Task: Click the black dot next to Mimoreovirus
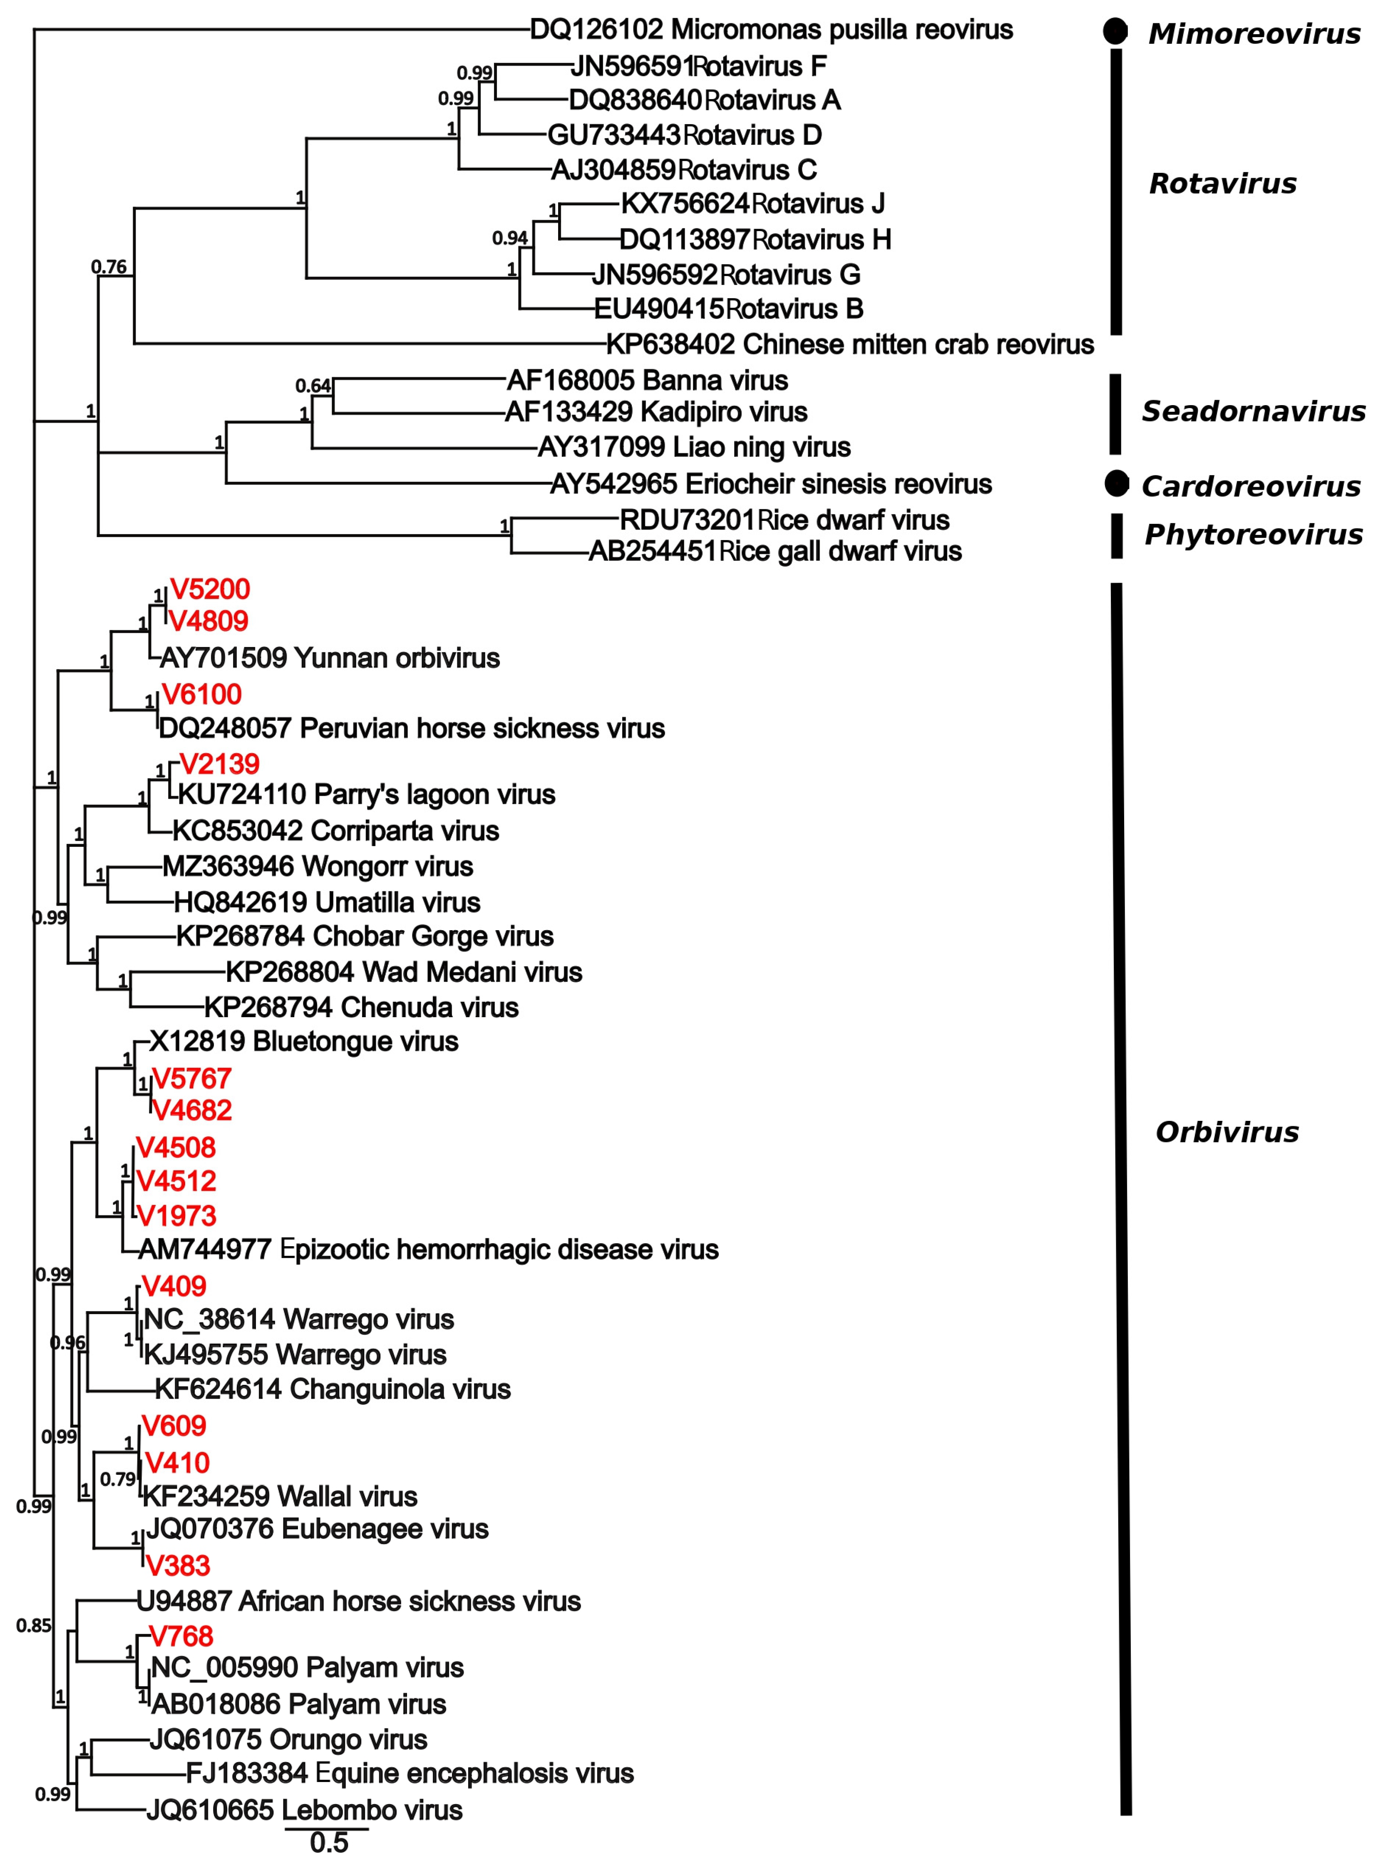1115,32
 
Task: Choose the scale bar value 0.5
329,1842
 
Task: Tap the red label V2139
219,764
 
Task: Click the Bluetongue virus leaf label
304,1042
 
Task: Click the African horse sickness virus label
359,1601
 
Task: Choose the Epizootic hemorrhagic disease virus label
428,1250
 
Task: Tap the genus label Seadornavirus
1253,411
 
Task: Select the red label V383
178,1566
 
